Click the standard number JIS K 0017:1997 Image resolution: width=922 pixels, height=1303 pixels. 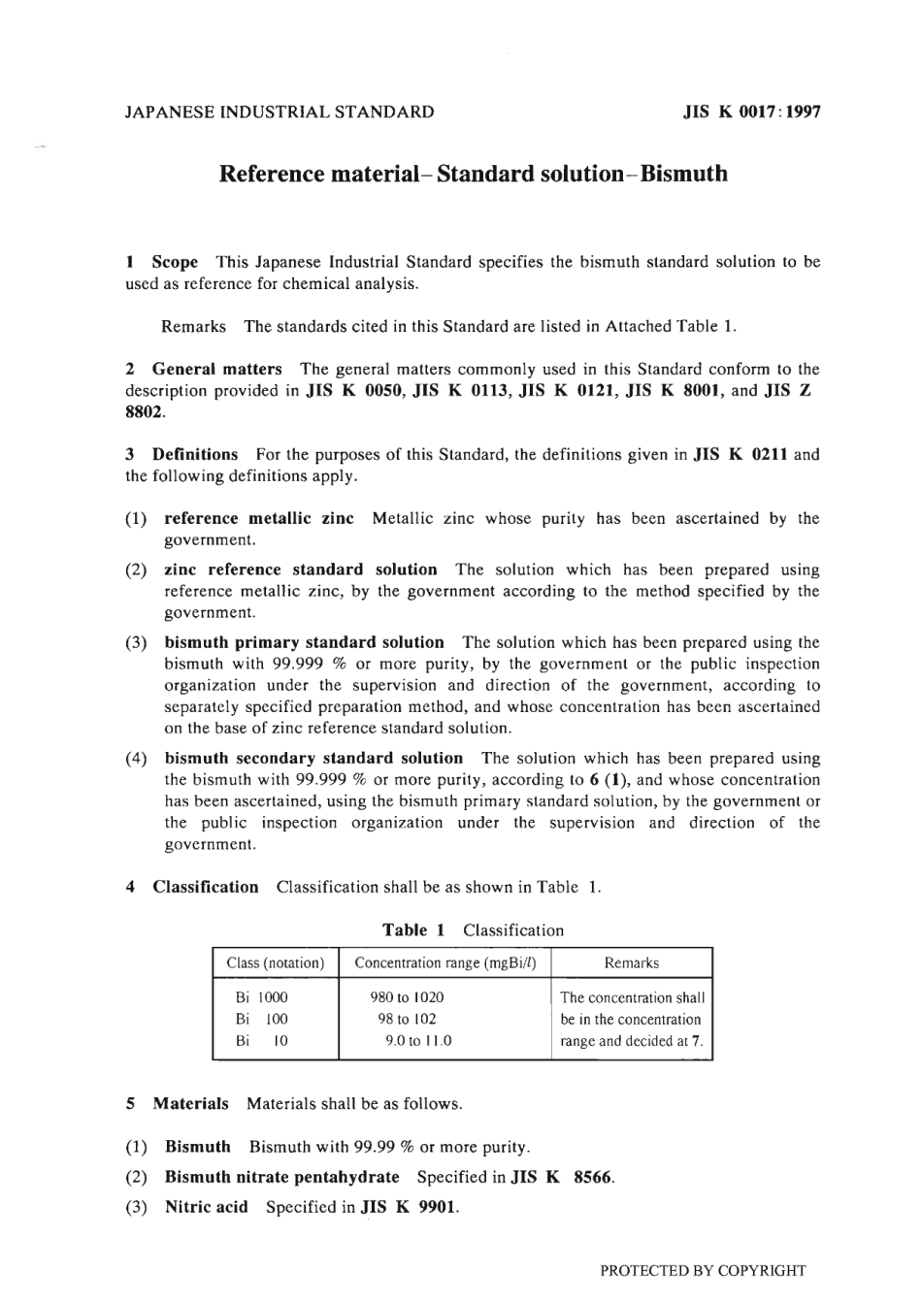click(x=751, y=112)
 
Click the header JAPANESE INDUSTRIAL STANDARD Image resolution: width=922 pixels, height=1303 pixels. click(x=280, y=112)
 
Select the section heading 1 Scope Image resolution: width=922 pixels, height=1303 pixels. click(x=162, y=262)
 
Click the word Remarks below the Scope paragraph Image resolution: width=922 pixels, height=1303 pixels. click(x=193, y=327)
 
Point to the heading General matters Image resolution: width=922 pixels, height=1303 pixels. click(x=216, y=370)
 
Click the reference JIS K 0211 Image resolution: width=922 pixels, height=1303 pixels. click(x=741, y=455)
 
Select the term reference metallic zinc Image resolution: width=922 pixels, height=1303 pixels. click(x=259, y=519)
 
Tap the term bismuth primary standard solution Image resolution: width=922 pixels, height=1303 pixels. click(x=304, y=643)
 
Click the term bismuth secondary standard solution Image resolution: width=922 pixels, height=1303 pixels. click(x=313, y=759)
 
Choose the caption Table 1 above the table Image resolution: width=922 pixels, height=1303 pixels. click(x=413, y=930)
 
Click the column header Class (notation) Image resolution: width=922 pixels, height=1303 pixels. click(x=275, y=963)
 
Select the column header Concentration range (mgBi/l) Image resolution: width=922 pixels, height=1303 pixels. click(x=445, y=963)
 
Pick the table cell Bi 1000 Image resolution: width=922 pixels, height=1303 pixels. click(x=261, y=997)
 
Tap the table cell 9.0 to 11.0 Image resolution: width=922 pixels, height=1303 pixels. click(x=418, y=1042)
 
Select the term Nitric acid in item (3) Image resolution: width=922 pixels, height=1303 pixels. click(x=206, y=1208)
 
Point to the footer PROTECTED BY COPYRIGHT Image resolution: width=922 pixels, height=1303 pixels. click(x=703, y=1271)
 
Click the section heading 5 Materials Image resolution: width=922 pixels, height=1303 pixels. click(x=178, y=1104)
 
